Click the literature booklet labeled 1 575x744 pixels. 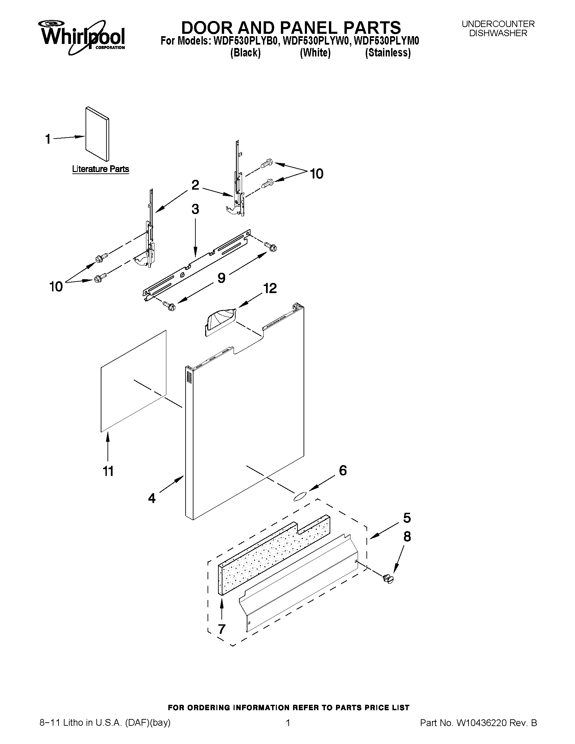[97, 134]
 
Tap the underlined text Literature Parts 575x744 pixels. [100, 169]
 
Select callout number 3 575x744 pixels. [195, 209]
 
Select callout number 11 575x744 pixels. [108, 472]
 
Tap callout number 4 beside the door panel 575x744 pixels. [152, 498]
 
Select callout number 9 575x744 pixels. [221, 278]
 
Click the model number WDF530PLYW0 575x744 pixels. [316, 41]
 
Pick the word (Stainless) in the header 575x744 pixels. [388, 53]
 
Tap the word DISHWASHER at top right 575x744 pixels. [498, 33]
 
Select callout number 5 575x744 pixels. [407, 518]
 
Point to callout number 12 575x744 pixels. [269, 288]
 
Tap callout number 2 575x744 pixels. [195, 185]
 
